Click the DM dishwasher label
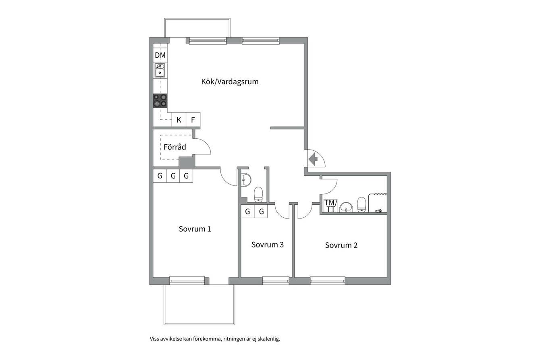click(x=160, y=55)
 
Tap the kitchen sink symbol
click(x=160, y=70)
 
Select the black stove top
click(x=160, y=100)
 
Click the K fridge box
click(x=179, y=120)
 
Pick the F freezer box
click(x=193, y=120)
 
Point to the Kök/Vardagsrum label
click(x=230, y=82)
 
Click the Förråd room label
click(x=175, y=147)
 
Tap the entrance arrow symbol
click(x=313, y=159)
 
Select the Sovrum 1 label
click(x=195, y=229)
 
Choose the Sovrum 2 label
click(x=341, y=245)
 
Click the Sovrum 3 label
click(x=267, y=244)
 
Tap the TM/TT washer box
click(x=330, y=206)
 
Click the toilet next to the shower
click(x=361, y=205)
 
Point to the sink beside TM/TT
click(x=347, y=207)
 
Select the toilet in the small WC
click(x=258, y=194)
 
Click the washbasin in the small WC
click(x=246, y=180)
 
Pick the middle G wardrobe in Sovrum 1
click(x=173, y=176)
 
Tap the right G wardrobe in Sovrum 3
click(x=261, y=212)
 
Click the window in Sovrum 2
click(x=328, y=281)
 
